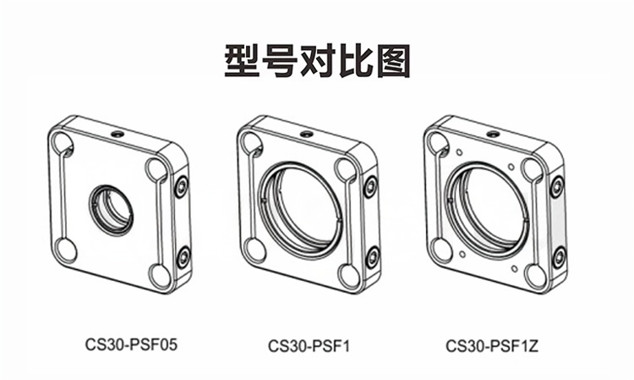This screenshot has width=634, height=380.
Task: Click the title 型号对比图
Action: coord(317,61)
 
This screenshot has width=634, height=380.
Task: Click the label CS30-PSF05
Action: coord(131,345)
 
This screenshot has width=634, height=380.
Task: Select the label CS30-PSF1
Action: coord(309,346)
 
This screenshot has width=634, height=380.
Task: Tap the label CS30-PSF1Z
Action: coord(492,346)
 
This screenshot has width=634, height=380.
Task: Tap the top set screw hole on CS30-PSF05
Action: coord(118,134)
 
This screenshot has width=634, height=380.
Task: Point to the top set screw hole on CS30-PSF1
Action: coord(307,134)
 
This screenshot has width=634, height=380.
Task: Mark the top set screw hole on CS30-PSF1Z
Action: coord(493,134)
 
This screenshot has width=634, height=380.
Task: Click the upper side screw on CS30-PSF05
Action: coord(182,186)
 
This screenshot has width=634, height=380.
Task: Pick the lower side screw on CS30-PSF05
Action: coord(184,256)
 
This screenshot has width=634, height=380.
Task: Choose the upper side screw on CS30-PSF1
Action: coord(370,187)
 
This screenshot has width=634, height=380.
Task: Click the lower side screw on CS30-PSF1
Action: coord(373,257)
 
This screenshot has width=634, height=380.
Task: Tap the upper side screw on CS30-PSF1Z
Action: coord(557,187)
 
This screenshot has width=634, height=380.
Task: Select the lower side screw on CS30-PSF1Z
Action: coord(560,257)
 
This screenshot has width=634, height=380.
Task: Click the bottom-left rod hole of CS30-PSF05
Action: coord(65,251)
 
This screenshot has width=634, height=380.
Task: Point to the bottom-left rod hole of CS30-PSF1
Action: coord(254,251)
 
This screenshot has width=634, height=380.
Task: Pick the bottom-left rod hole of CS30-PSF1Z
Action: coord(441,251)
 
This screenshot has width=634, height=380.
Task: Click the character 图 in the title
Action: coord(393,61)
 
